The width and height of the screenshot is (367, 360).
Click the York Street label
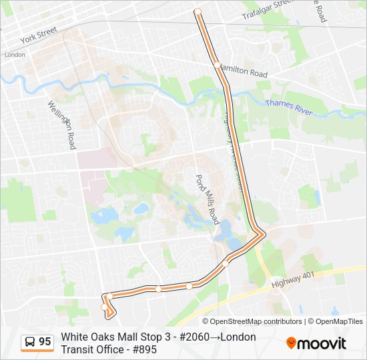coord(39,33)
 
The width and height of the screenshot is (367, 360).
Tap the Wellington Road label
coord(61,124)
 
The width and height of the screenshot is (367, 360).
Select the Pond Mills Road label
coord(207,199)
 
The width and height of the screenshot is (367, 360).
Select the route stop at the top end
coord(198,11)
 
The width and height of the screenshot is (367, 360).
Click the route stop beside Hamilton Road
coord(218,65)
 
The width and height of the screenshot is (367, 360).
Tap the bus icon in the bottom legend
coord(30,342)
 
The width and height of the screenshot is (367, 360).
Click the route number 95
coord(45,342)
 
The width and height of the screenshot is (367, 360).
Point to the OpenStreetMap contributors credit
coord(247,321)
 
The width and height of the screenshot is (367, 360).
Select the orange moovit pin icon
coord(291,343)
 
